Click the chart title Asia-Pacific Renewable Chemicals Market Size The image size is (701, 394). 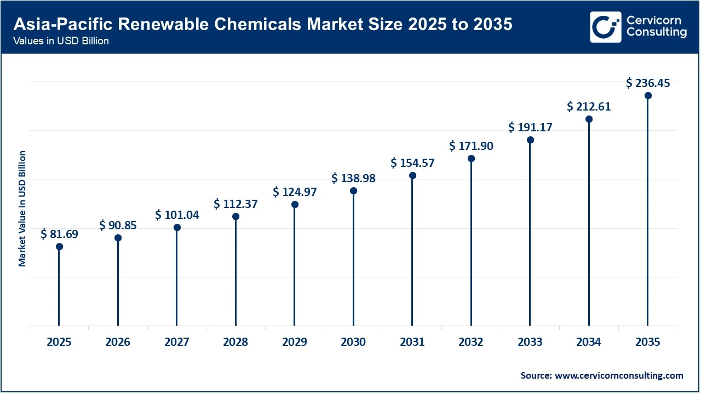(x=263, y=25)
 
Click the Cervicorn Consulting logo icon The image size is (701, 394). (x=605, y=27)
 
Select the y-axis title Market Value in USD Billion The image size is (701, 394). (x=22, y=208)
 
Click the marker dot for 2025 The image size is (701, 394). (x=59, y=247)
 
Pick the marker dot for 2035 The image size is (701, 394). (x=648, y=96)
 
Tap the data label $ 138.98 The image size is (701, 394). (x=353, y=178)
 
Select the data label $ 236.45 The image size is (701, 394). (x=648, y=83)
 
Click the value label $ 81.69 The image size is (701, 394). (x=59, y=234)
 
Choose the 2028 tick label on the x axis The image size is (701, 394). (x=235, y=342)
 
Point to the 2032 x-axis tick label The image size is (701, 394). (x=471, y=342)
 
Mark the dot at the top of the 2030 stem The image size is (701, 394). (x=353, y=191)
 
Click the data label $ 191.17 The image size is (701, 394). (x=530, y=128)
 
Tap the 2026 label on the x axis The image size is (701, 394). (x=118, y=342)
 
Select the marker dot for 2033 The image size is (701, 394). (x=530, y=140)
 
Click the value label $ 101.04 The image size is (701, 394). (x=177, y=215)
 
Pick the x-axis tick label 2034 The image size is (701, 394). (x=589, y=342)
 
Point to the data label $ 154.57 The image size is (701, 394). (x=412, y=163)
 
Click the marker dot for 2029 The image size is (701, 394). (x=295, y=205)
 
